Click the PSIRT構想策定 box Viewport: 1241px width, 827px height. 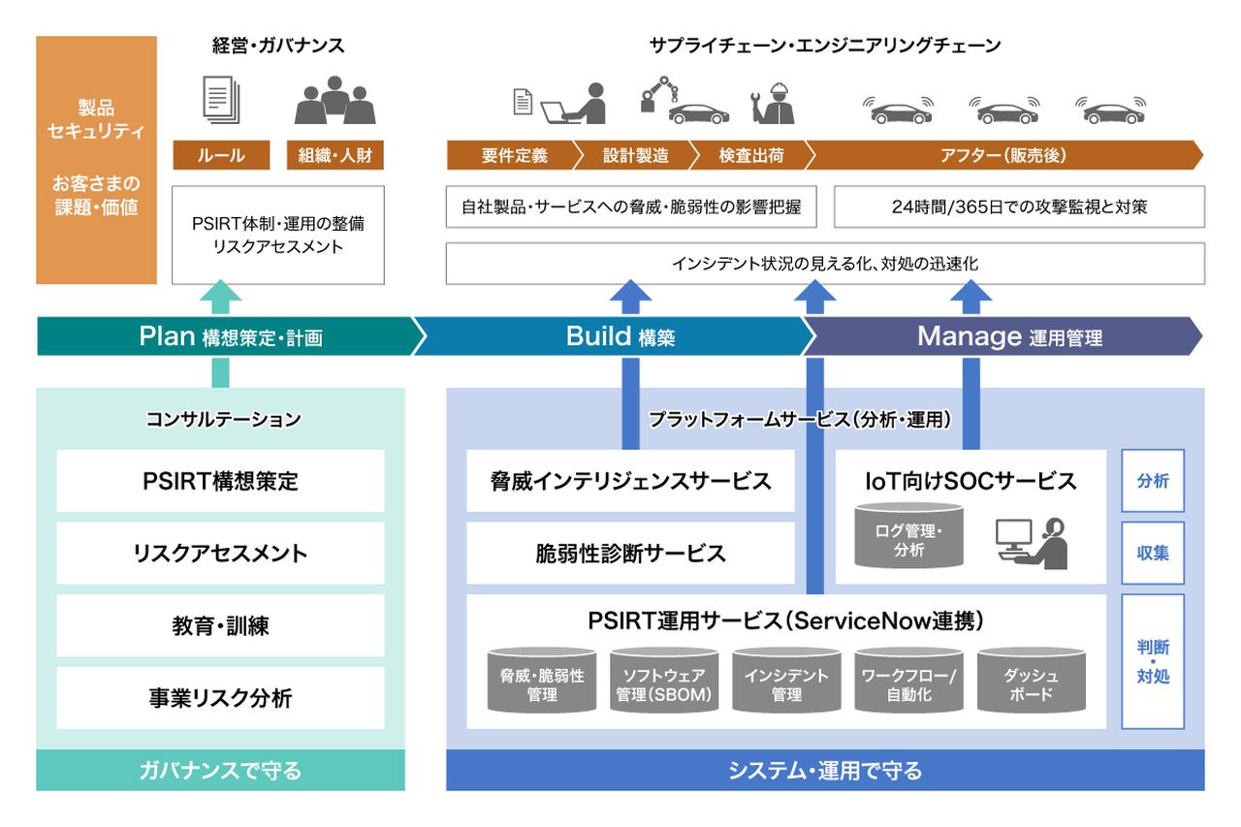220,480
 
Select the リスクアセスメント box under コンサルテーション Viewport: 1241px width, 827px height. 220,554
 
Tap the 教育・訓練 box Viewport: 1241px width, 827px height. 220,626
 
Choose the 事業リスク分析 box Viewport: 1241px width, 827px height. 220,698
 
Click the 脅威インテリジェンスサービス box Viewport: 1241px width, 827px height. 630,480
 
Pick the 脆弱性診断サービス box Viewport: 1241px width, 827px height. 630,554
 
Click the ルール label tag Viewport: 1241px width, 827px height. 221,155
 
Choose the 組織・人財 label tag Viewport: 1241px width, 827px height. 335,155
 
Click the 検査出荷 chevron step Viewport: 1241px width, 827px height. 750,155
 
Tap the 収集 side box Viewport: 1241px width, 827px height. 1153,553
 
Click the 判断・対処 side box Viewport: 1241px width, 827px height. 1153,661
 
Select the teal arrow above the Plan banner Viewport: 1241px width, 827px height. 221,296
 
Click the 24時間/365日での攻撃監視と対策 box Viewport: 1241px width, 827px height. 1019,207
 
